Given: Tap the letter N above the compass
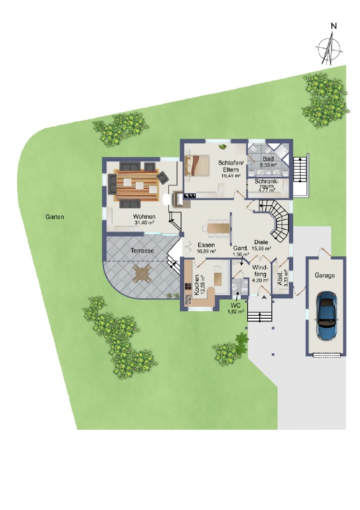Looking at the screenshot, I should click(x=333, y=26).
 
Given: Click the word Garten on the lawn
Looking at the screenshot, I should click(x=55, y=217).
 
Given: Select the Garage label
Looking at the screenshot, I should click(x=325, y=275).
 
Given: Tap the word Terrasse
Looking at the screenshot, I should click(x=142, y=251).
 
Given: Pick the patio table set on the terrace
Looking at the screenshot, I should click(x=142, y=275).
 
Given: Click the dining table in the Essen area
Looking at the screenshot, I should click(x=219, y=228).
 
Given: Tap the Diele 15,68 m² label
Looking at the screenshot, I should click(x=262, y=245).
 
